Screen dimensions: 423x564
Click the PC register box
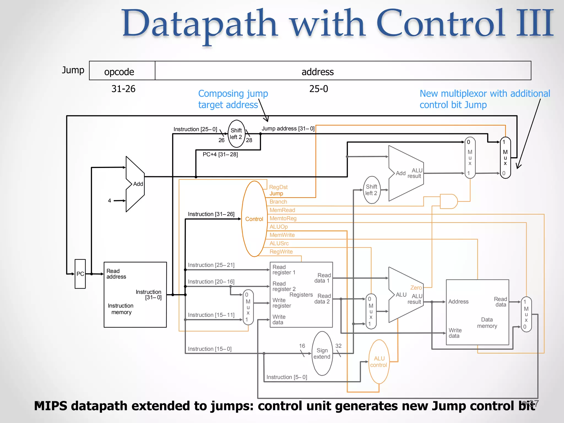[x=80, y=274]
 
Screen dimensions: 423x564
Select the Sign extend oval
[x=322, y=354]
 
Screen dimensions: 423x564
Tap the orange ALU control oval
[x=379, y=362]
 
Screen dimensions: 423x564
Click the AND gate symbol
[x=448, y=201]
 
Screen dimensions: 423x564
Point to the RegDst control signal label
[x=278, y=187]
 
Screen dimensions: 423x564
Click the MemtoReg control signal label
[x=283, y=218]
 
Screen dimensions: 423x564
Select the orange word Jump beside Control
[x=276, y=194]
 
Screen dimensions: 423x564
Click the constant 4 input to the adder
[x=110, y=201]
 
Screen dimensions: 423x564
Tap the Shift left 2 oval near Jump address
[x=236, y=134]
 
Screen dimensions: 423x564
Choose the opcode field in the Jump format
[x=119, y=72]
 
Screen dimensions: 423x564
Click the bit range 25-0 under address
[x=318, y=89]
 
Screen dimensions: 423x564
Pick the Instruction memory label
[x=121, y=309]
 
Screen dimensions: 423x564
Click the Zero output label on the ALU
[x=416, y=288]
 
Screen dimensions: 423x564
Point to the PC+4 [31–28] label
[x=220, y=154]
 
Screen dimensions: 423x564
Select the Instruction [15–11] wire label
[x=211, y=315]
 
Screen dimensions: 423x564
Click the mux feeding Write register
[x=248, y=307]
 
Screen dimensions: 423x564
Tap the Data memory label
[x=487, y=323]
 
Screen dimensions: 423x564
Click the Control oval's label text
[x=254, y=219]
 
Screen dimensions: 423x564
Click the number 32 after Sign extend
[x=338, y=346]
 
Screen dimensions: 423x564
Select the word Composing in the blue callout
[x=221, y=94]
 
